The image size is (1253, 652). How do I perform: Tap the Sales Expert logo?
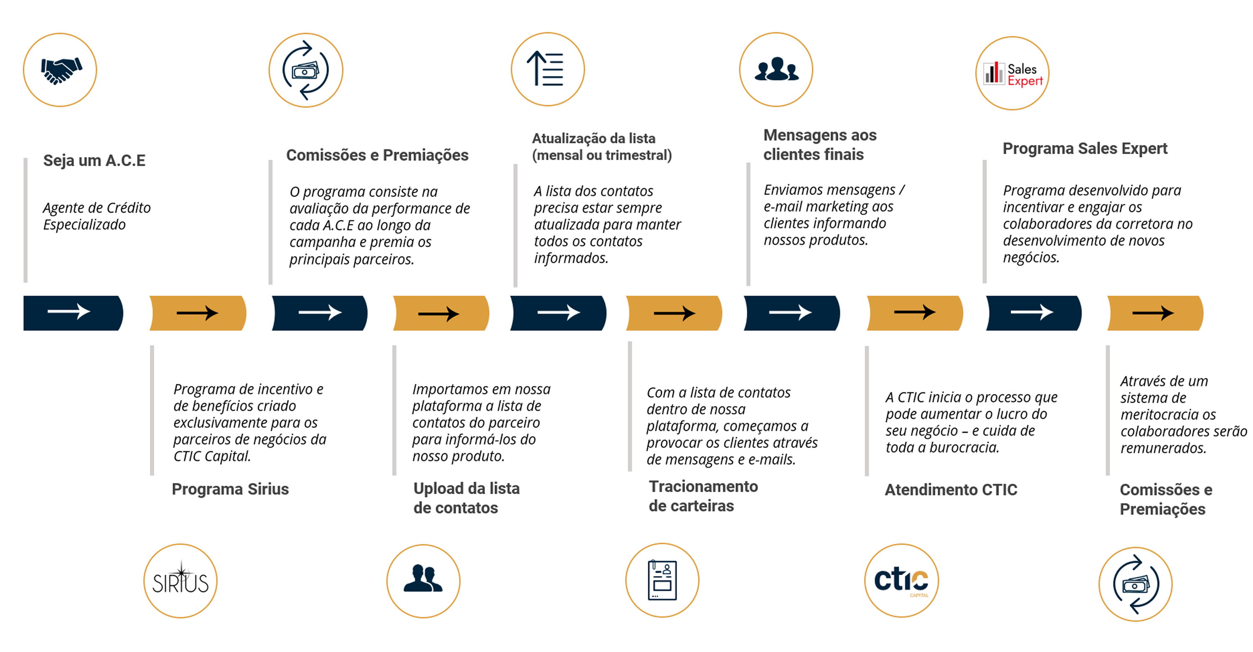[1013, 74]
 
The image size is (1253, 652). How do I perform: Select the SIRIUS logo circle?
[180, 581]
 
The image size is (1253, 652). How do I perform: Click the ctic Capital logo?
[901, 581]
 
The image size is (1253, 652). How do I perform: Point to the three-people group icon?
[776, 69]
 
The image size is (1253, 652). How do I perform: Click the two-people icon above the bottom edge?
[423, 578]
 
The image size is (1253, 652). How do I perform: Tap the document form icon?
[662, 580]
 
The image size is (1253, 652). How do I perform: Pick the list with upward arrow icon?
[545, 68]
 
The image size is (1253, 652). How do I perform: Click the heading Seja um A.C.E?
[94, 160]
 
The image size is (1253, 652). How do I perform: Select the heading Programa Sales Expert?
[1085, 148]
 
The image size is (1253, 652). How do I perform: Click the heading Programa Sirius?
[230, 489]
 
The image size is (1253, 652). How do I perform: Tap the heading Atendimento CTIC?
[951, 490]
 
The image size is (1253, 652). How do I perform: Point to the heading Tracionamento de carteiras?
[703, 496]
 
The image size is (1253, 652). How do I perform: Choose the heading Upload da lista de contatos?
[467, 498]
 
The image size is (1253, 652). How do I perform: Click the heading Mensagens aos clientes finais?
[820, 145]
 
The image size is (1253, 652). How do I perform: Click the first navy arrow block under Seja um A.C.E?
[74, 313]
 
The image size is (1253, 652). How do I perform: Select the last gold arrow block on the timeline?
[1155, 313]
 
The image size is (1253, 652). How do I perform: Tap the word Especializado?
[84, 225]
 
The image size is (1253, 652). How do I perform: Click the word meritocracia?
[1168, 415]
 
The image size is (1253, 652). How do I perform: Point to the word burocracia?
[964, 448]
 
